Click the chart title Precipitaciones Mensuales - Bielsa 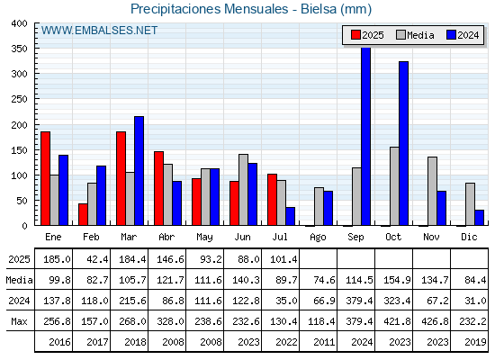[x=251, y=9]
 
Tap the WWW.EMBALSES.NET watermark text [x=99, y=31]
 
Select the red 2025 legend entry [x=367, y=35]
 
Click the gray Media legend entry [x=415, y=35]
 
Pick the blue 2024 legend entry [x=463, y=35]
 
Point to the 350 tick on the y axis [x=19, y=49]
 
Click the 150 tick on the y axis [x=19, y=150]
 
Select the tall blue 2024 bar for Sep [x=365, y=137]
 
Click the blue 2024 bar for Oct [x=404, y=143]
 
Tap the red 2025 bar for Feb [x=83, y=214]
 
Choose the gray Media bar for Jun [x=243, y=190]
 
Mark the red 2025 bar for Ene [x=45, y=178]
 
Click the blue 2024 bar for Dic [x=479, y=218]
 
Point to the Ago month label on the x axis [x=318, y=238]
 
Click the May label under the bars [x=204, y=238]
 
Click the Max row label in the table [x=19, y=321]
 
